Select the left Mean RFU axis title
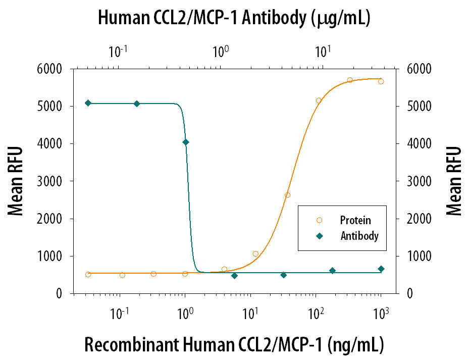(16, 181)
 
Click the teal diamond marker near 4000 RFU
(185, 142)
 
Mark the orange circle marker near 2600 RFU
(287, 195)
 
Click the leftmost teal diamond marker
(88, 103)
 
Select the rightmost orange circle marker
(381, 81)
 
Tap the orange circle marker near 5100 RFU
(319, 100)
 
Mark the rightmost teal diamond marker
(381, 269)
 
